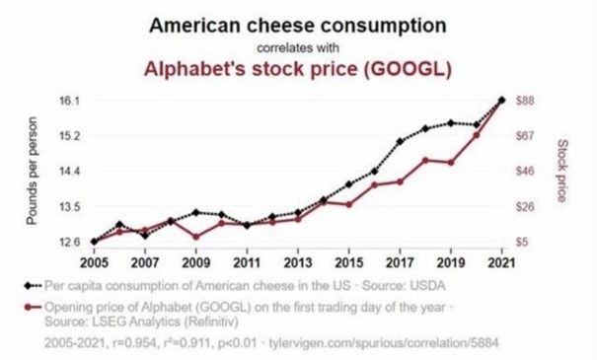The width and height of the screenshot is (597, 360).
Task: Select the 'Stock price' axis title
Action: point(561,170)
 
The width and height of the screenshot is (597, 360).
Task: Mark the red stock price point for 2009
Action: point(195,237)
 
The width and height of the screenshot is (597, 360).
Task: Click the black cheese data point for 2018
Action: point(425,128)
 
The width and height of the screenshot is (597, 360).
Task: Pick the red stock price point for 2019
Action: point(451,162)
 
